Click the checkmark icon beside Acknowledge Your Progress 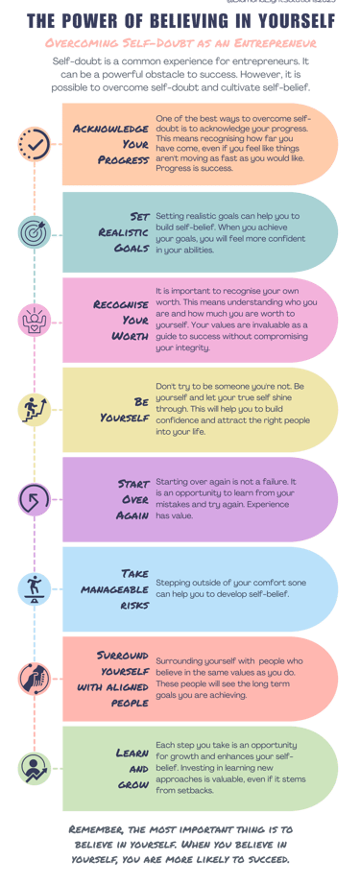(x=36, y=143)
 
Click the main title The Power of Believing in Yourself (x=180, y=21)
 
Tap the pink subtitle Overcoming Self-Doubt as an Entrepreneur (x=180, y=43)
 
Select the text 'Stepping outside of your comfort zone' (x=227, y=581)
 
